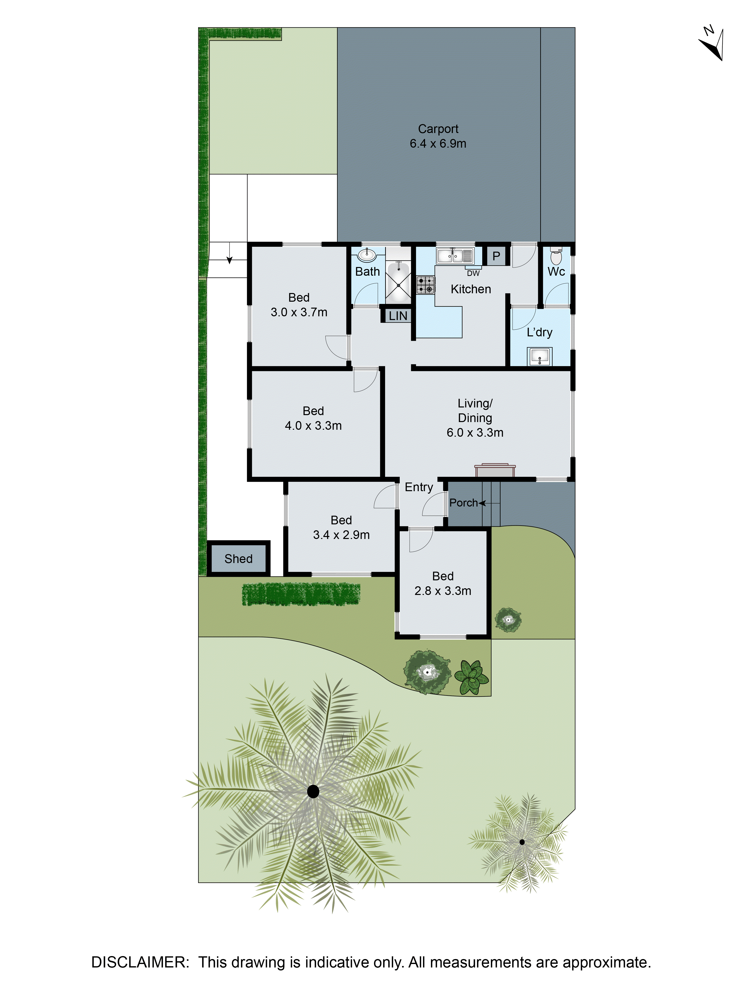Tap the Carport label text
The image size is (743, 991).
[x=438, y=129]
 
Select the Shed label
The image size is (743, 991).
[x=238, y=559]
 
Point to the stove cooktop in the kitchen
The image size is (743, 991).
[x=425, y=285]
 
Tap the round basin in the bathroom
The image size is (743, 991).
[x=366, y=255]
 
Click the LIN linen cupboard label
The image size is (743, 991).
[x=398, y=316]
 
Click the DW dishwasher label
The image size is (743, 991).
[x=473, y=273]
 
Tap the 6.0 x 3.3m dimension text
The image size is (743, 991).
[x=475, y=432]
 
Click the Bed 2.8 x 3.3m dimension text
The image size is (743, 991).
[x=443, y=591]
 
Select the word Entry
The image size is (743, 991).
[x=419, y=487]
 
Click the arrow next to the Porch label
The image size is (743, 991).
[x=483, y=503]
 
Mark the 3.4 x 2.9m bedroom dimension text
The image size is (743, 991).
[x=341, y=535]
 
